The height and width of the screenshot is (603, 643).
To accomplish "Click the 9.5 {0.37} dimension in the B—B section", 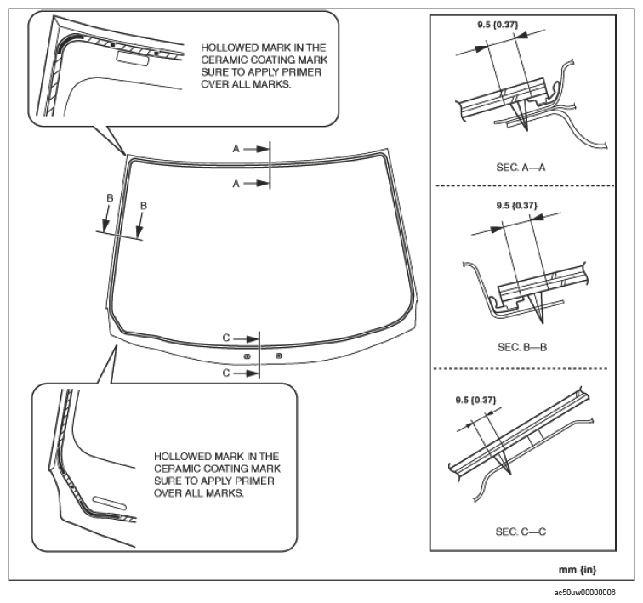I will (516, 205).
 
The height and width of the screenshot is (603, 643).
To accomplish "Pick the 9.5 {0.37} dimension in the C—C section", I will (475, 399).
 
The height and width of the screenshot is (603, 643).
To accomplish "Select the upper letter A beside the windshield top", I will (237, 148).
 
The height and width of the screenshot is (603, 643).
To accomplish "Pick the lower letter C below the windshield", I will (226, 373).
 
